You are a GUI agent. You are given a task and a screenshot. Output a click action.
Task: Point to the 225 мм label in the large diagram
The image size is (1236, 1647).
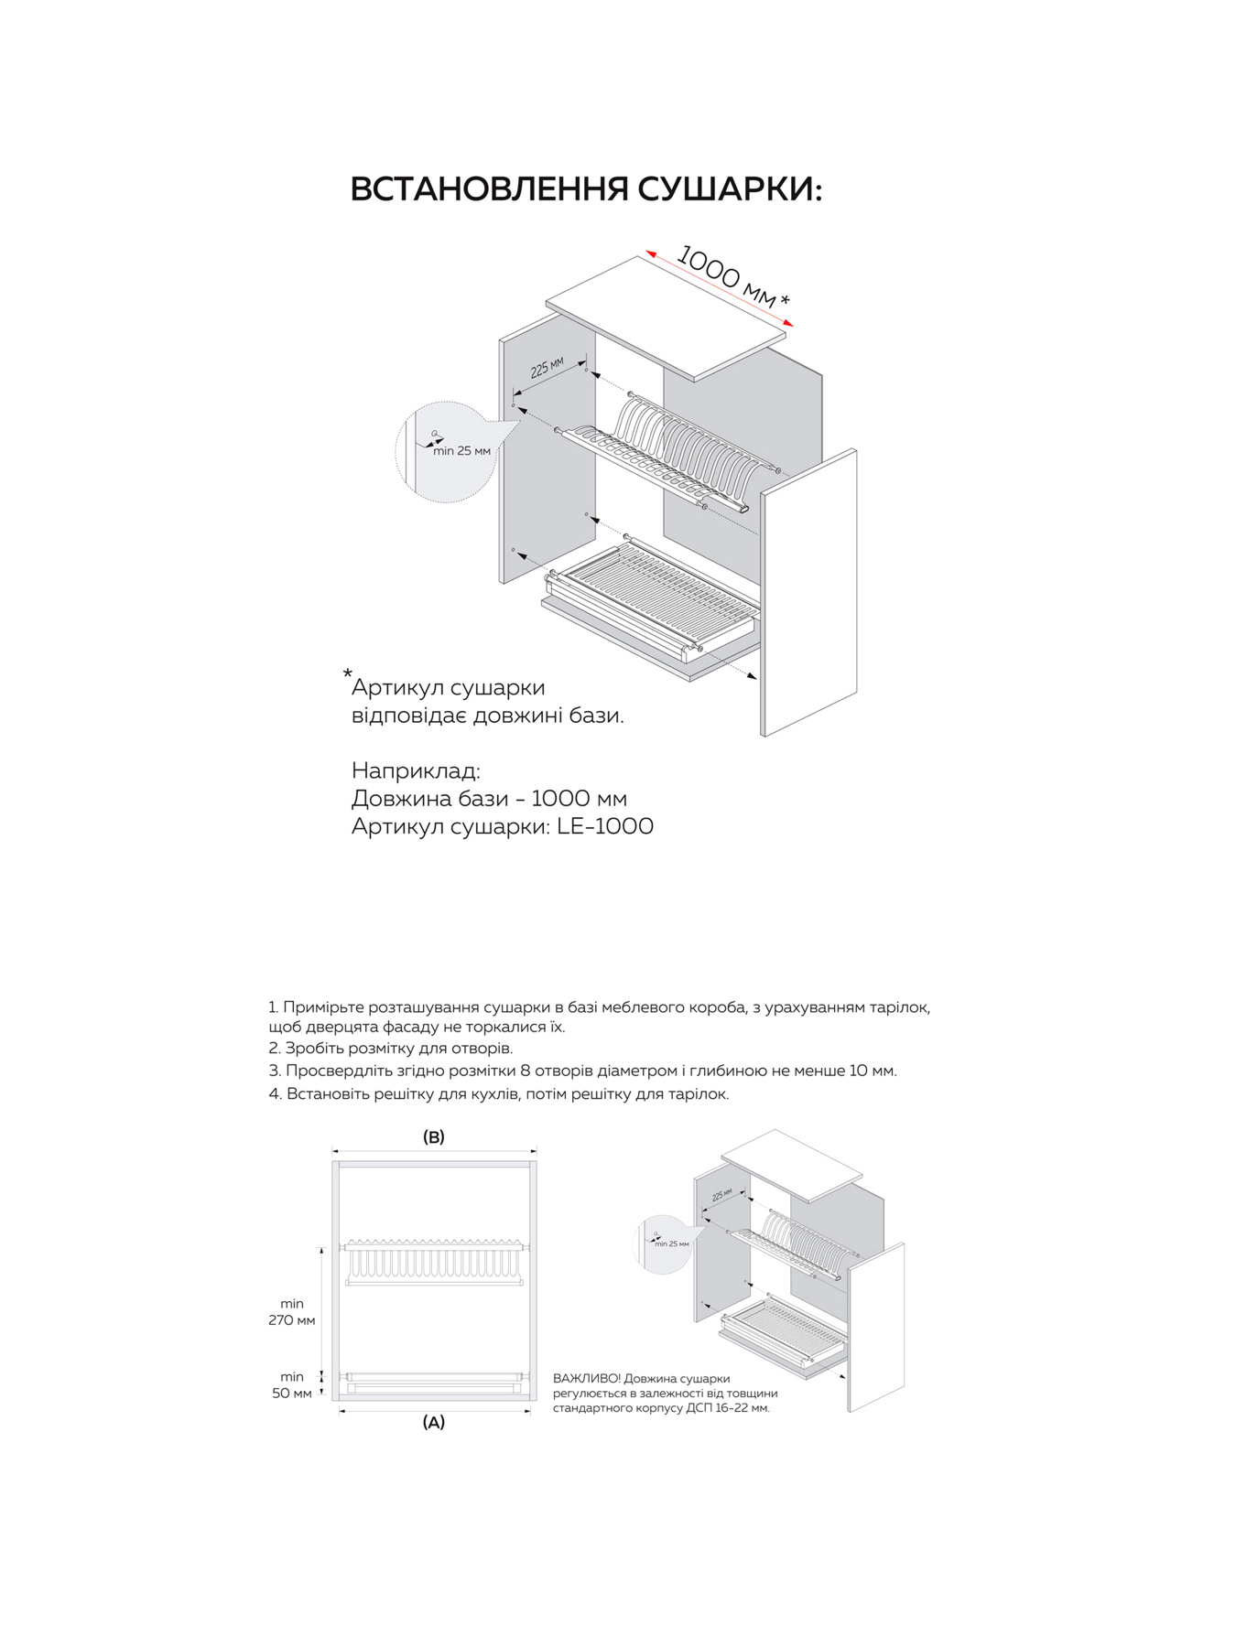547,368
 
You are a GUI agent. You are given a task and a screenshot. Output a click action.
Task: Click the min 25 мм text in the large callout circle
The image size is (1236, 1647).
461,451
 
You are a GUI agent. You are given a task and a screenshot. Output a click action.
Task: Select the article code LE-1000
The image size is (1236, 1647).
605,826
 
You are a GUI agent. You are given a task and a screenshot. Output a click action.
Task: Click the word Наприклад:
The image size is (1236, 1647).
416,770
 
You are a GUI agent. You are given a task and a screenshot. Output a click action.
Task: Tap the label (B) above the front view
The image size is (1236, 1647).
433,1137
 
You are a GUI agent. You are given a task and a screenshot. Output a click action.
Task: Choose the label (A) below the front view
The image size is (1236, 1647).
433,1423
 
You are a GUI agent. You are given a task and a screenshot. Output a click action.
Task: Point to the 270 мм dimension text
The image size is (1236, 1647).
292,1320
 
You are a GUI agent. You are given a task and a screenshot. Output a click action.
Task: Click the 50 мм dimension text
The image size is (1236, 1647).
292,1394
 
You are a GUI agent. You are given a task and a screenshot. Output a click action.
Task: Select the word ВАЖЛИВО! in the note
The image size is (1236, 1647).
587,1379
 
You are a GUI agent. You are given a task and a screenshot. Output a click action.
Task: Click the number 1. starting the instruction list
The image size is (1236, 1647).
274,1007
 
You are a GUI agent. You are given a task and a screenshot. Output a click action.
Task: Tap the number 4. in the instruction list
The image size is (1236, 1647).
275,1094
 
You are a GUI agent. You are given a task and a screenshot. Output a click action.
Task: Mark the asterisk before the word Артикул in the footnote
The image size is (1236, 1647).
348,675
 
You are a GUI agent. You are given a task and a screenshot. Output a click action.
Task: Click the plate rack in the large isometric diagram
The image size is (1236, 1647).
673,453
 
